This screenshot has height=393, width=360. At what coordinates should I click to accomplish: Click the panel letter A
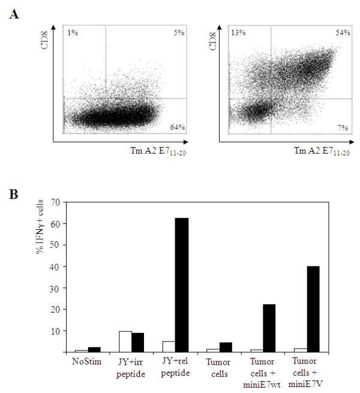[13, 13]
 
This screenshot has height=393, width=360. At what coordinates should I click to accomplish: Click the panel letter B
[13, 195]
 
